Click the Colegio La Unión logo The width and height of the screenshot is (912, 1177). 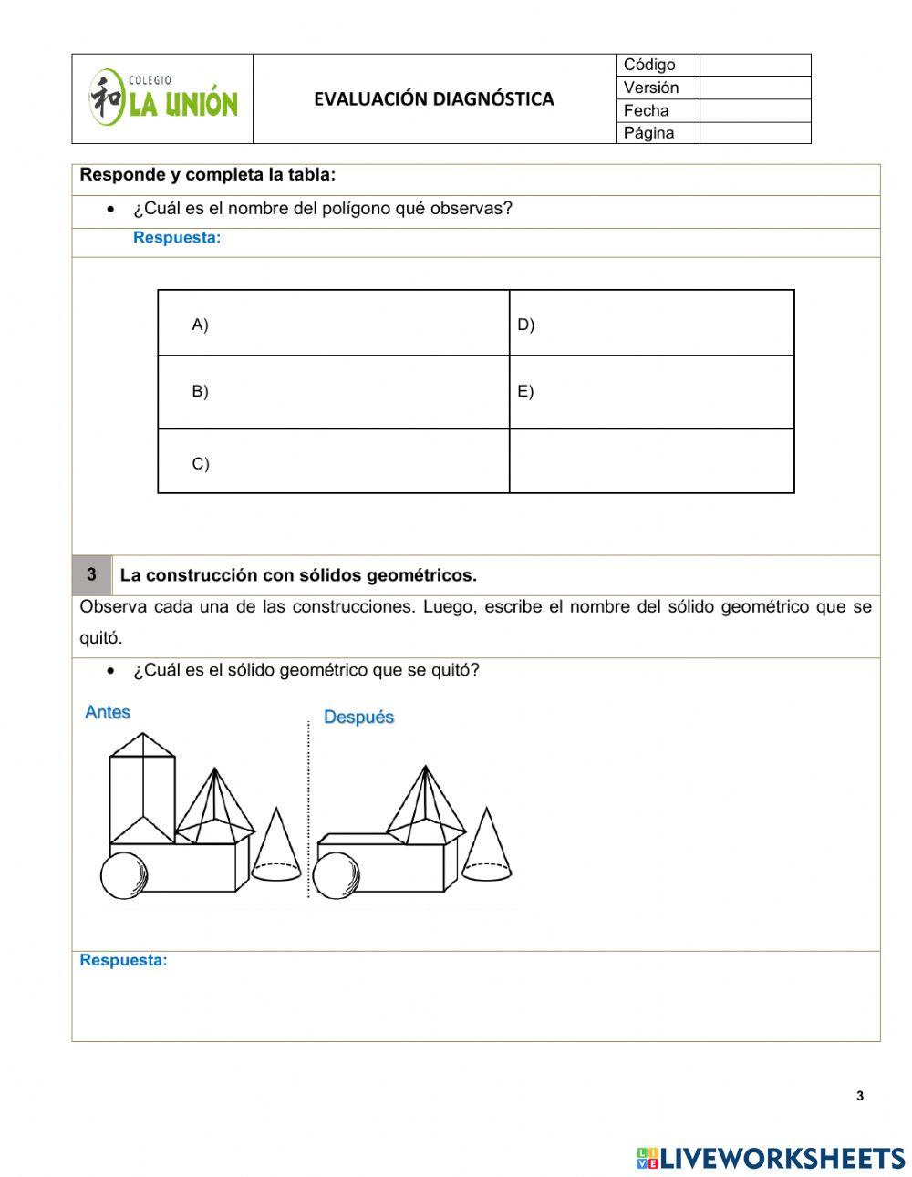[162, 98]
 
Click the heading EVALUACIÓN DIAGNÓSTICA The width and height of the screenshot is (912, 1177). [433, 99]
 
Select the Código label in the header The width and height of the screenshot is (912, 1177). [649, 65]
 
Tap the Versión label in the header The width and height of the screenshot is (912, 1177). [651, 88]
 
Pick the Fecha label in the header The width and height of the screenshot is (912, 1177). [646, 110]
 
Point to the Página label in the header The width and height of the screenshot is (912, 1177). [648, 133]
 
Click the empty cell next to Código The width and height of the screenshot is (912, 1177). [754, 65]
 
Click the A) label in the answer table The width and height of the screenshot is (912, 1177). [200, 325]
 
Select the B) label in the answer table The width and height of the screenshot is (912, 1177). [200, 391]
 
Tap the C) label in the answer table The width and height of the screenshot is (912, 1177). [200, 463]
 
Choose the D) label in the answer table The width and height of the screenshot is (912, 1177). [525, 325]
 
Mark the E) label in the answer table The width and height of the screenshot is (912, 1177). [525, 391]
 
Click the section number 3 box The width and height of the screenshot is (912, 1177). [91, 575]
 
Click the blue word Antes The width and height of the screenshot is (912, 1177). [108, 712]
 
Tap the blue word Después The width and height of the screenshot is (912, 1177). [358, 718]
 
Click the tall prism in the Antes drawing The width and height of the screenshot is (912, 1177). [141, 789]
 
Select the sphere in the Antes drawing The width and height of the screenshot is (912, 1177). [123, 875]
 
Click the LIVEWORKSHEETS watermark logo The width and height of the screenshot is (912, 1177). [770, 1158]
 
